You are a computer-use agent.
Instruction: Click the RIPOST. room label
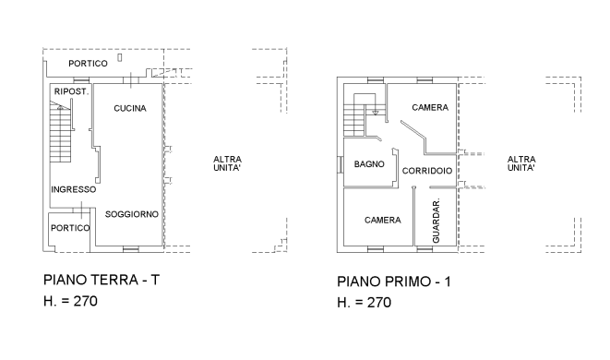[x=72, y=92]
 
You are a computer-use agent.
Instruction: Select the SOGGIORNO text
[x=132, y=214]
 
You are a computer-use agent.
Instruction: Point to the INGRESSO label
[x=74, y=189]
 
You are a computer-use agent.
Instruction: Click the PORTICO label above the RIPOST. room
[x=89, y=63]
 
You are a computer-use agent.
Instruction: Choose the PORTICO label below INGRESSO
[x=70, y=227]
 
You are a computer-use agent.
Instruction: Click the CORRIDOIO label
[x=428, y=171]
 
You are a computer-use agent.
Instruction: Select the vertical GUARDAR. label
[x=437, y=222]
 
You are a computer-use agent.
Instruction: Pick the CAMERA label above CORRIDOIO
[x=430, y=108]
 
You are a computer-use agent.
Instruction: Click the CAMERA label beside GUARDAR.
[x=382, y=220]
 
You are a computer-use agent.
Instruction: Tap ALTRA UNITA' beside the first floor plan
[x=521, y=163]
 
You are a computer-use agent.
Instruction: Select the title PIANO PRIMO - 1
[x=394, y=281]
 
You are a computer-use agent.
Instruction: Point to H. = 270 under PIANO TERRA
[x=70, y=301]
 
